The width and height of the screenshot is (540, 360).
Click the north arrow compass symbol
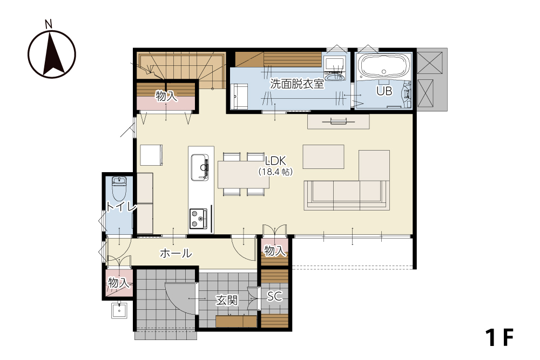coord(52,55)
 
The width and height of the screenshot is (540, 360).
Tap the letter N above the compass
coord(49,24)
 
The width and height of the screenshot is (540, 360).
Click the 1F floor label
coord(500,337)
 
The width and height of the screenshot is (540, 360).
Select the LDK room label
coord(275,160)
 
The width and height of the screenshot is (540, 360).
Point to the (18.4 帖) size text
coord(275,172)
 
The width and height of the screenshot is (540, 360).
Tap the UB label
coord(384,91)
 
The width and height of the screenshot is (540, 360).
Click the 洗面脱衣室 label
coord(297,84)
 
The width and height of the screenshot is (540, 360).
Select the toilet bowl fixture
coord(119,188)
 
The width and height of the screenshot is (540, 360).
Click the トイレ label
coord(121,207)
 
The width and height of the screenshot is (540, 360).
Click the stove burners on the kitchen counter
coord(198,219)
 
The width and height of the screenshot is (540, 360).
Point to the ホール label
coord(176,253)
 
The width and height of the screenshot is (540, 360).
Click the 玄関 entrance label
coord(227,300)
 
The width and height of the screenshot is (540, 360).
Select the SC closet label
coord(274,296)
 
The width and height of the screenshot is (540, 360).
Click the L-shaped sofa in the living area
coord(347,195)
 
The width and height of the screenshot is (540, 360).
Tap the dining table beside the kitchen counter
coord(244,174)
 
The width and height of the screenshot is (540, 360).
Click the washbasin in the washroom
coord(334,77)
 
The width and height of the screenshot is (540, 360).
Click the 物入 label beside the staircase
coord(166,96)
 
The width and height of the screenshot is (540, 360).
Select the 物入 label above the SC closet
coord(275,251)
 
